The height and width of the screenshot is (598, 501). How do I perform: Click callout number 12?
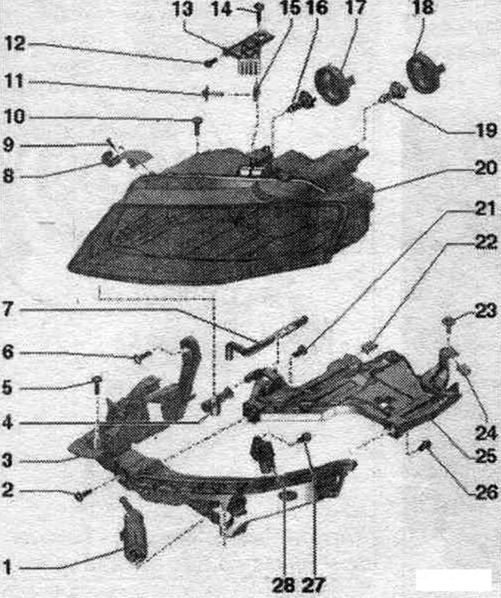point(15,45)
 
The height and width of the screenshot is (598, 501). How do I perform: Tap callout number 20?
point(486,168)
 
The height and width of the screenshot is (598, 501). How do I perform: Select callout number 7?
point(8,310)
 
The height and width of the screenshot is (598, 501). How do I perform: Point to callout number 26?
point(486,492)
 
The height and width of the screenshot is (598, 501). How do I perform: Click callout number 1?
point(7,567)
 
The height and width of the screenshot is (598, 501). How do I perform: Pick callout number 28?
point(283,585)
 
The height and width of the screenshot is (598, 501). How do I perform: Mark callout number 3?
point(7,461)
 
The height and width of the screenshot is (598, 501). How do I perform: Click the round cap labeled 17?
point(333,85)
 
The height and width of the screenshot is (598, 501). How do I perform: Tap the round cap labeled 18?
point(423,73)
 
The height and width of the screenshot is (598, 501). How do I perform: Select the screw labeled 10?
point(198,126)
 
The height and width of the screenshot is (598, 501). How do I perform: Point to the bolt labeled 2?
point(82,495)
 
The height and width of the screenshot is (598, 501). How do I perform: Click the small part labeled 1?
point(133,530)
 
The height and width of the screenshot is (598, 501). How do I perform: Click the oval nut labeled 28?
point(287,496)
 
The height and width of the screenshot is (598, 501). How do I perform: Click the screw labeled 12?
point(210,62)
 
